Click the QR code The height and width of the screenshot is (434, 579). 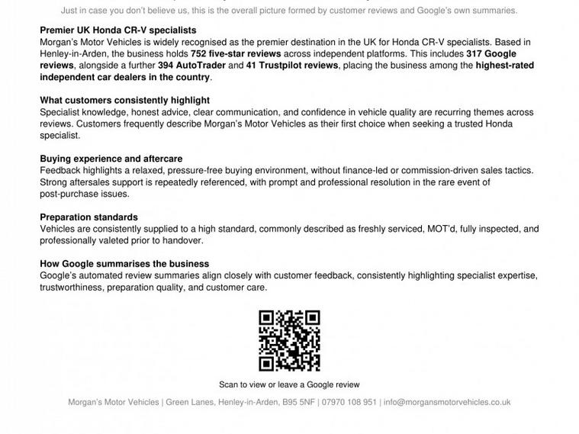pyautogui.click(x=289, y=341)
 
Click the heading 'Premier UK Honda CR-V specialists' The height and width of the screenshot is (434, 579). pyautogui.click(x=117, y=31)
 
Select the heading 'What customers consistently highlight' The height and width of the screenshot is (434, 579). pyautogui.click(x=124, y=100)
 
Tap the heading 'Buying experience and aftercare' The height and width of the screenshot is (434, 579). pyautogui.click(x=111, y=159)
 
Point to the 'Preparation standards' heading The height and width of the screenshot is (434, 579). pyautogui.click(x=88, y=217)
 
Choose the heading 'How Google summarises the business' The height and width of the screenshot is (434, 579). pyautogui.click(x=124, y=264)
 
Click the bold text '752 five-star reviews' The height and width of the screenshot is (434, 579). pyautogui.click(x=236, y=53)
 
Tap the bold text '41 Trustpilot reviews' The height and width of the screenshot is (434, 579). pyautogui.click(x=293, y=66)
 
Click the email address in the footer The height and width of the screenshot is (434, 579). pyautogui.click(x=447, y=402)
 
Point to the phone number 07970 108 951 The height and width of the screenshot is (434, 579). pyautogui.click(x=349, y=402)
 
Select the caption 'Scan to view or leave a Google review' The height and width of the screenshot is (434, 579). pyautogui.click(x=289, y=384)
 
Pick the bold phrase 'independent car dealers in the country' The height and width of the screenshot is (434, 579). pyautogui.click(x=125, y=77)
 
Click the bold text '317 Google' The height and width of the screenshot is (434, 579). pyautogui.click(x=491, y=53)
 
